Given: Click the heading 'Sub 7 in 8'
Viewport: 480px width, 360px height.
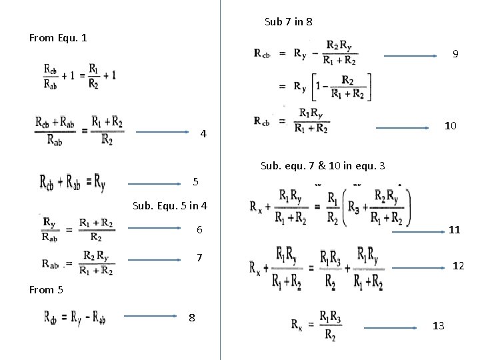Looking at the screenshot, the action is pyautogui.click(x=288, y=22).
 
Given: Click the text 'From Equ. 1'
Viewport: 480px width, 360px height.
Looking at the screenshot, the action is pyautogui.click(x=58, y=37).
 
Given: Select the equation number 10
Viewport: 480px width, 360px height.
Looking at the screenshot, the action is pyautogui.click(x=451, y=125).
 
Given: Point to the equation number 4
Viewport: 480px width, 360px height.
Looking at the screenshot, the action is pyautogui.click(x=205, y=136).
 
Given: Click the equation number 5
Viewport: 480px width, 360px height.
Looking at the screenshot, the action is pyautogui.click(x=195, y=181).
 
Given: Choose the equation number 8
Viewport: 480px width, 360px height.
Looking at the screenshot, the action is pyautogui.click(x=191, y=318).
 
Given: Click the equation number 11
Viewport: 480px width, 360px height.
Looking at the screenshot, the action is pyautogui.click(x=455, y=229).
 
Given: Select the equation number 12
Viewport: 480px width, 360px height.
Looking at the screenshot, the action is pyautogui.click(x=458, y=266).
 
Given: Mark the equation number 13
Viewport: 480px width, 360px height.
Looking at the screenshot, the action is pyautogui.click(x=438, y=326).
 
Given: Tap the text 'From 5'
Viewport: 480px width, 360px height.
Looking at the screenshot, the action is pyautogui.click(x=46, y=289).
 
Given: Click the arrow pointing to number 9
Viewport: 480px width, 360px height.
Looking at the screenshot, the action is pyautogui.click(x=411, y=56).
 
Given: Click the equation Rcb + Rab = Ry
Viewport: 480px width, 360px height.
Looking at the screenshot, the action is pyautogui.click(x=71, y=181).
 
